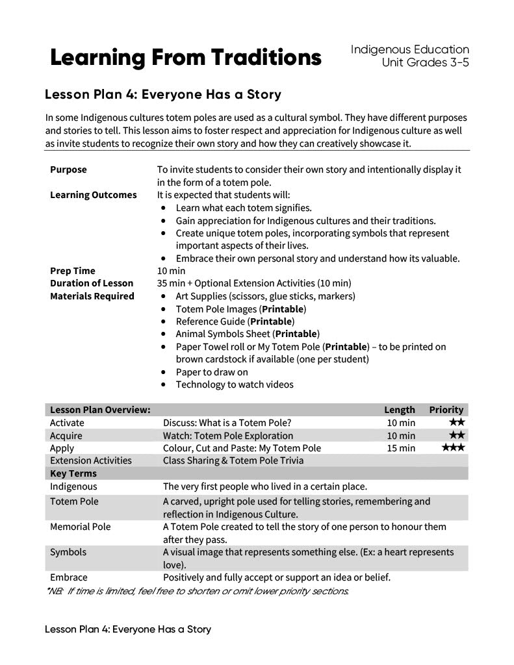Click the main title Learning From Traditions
(x=185, y=58)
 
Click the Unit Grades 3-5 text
(x=426, y=63)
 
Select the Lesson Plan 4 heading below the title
(x=162, y=95)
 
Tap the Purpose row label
(x=68, y=169)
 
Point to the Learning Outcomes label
(x=93, y=195)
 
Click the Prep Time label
(x=72, y=271)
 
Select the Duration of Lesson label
(x=91, y=283)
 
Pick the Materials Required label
(x=92, y=296)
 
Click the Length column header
(x=399, y=410)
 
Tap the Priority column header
(x=446, y=410)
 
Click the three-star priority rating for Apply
(x=453, y=448)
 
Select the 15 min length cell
(x=401, y=448)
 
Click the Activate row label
(x=67, y=423)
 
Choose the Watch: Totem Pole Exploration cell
(x=227, y=436)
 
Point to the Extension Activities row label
(x=90, y=460)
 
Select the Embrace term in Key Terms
(x=68, y=577)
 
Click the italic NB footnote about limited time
(x=198, y=591)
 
